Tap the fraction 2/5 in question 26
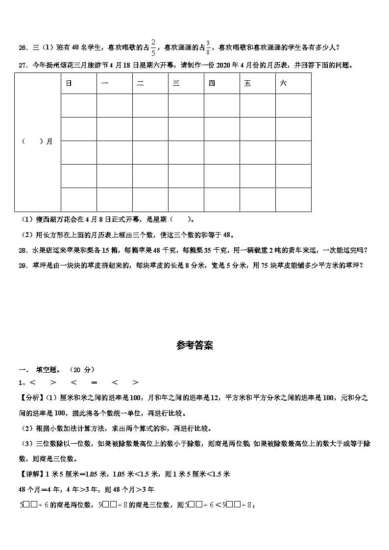coord(153,47)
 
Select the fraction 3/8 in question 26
coord(208,47)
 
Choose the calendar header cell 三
coord(175,84)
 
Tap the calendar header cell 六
coord(283,84)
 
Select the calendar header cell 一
coord(104,84)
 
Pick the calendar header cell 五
coord(247,84)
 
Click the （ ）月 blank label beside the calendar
coord(37,142)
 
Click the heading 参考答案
coord(194,345)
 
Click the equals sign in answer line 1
coord(94,383)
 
